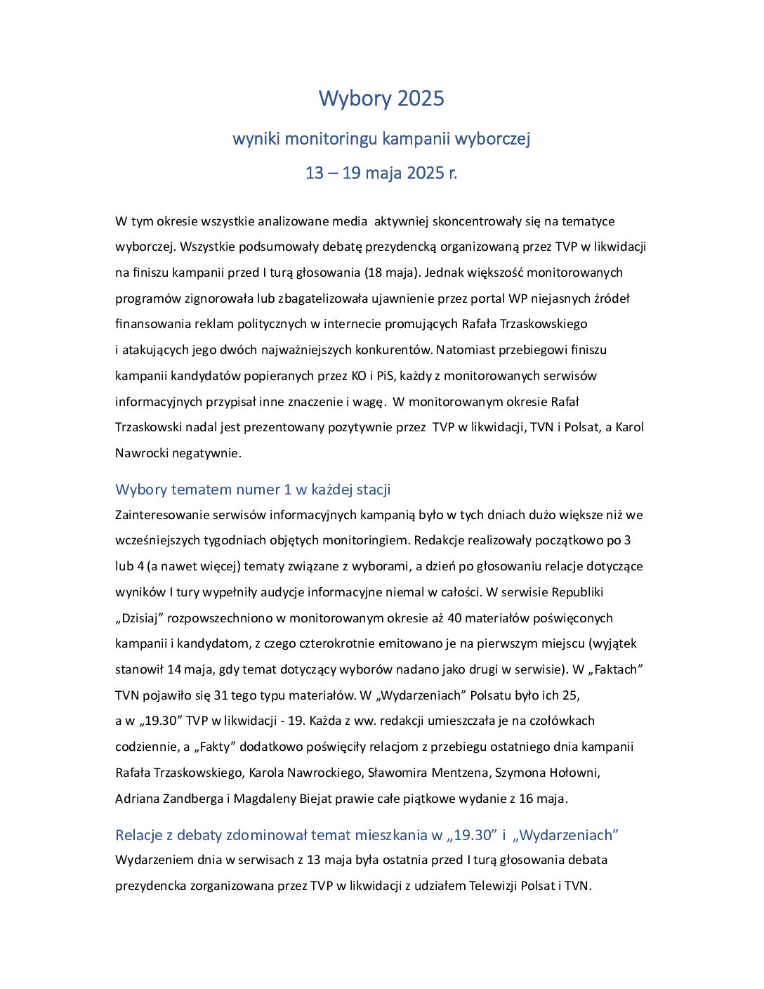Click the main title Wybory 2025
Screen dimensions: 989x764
click(381, 98)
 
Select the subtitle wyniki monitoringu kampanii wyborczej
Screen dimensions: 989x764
click(381, 139)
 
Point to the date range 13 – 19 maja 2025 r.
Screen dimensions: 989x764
click(381, 173)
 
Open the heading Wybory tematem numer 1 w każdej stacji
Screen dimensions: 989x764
click(253, 490)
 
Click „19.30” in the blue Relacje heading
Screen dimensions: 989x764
click(472, 835)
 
